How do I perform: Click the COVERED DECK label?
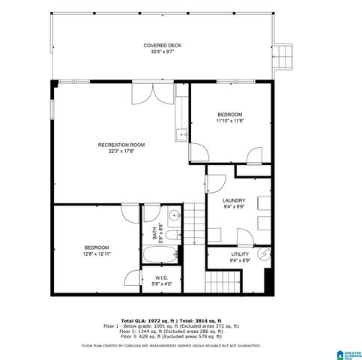click(163, 46)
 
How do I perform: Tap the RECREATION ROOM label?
click(121, 144)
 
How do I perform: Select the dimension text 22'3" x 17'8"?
click(121, 151)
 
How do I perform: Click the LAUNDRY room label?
click(234, 201)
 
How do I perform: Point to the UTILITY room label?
click(239, 254)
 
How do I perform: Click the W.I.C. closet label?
click(161, 277)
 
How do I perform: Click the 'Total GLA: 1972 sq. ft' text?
click(148, 320)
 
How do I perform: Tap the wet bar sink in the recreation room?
click(180, 135)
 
